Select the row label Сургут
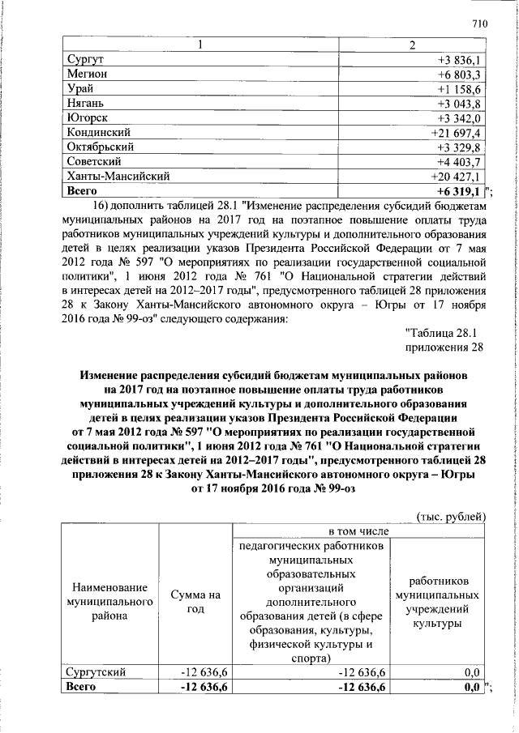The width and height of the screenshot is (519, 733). click(89, 60)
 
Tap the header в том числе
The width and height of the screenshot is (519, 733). click(357, 531)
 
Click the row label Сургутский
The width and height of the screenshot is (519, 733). click(99, 671)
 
